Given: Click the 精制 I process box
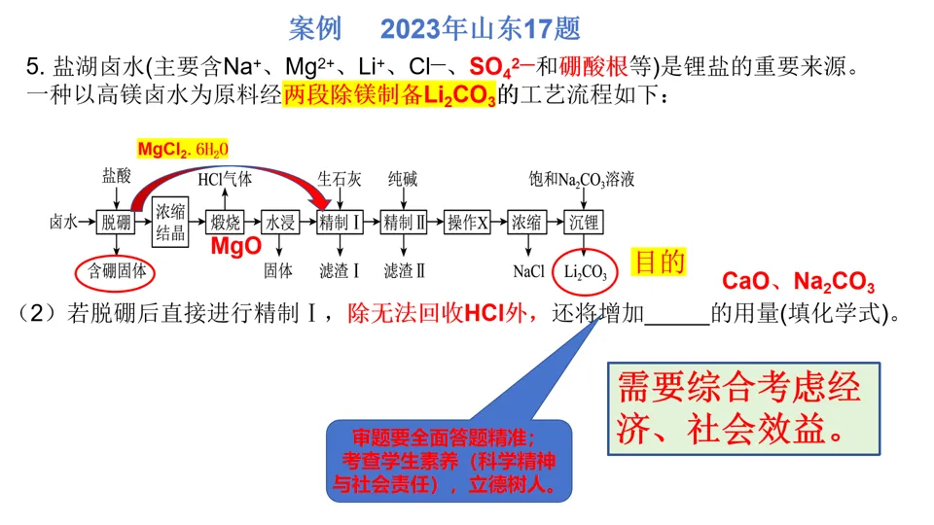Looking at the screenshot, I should (340, 222).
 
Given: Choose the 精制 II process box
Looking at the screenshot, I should (405, 222).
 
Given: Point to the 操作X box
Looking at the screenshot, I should (468, 222).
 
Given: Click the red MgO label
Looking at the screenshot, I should (236, 247).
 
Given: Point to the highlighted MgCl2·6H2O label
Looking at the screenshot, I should (182, 150).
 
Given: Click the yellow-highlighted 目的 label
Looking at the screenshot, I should (660, 262).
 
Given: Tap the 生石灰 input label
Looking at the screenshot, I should (340, 179).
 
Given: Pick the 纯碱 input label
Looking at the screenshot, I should (403, 179).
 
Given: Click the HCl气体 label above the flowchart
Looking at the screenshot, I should (225, 179).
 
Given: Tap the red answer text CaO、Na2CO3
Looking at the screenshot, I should (798, 283).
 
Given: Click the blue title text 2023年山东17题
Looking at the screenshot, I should (480, 29).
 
